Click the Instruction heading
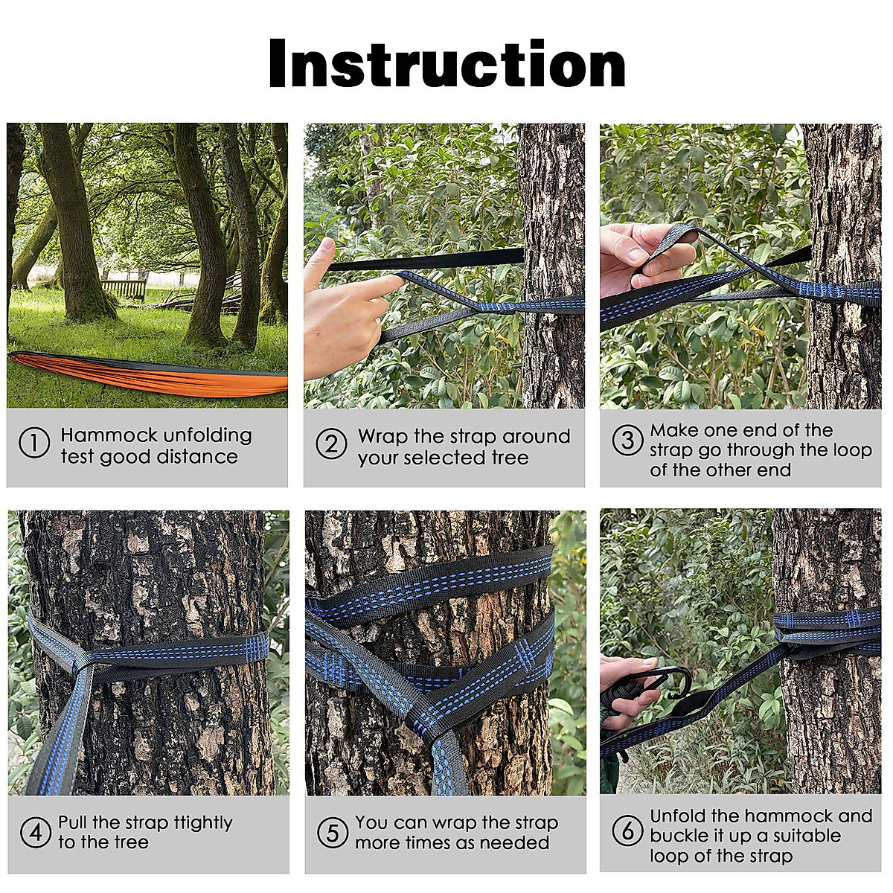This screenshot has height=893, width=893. coord(446,64)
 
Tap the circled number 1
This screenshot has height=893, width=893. coord(33,444)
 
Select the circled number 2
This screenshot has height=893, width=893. coord(331,445)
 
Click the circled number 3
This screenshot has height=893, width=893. coord(627,440)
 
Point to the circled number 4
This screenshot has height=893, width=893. coord(34,832)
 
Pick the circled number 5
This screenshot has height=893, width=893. coord(332,833)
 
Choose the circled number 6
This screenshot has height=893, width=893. coord(627,830)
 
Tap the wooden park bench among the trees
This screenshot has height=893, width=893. coord(124,289)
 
